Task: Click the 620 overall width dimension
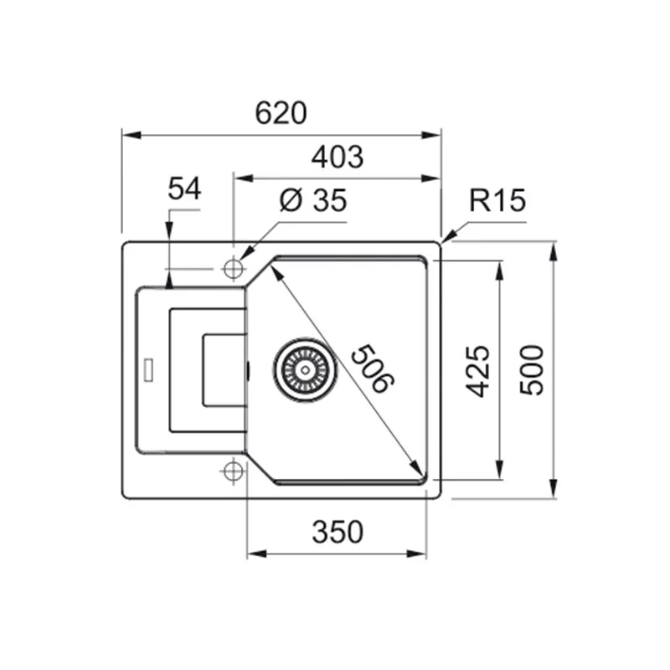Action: [x=281, y=113]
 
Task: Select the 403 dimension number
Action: [x=338, y=157]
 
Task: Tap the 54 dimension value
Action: [x=184, y=188]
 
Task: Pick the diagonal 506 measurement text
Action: [x=372, y=368]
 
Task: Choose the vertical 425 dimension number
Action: [x=477, y=371]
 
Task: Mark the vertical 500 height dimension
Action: [x=532, y=370]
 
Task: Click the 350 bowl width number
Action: [x=338, y=532]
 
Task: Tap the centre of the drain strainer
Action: [x=305, y=370]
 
